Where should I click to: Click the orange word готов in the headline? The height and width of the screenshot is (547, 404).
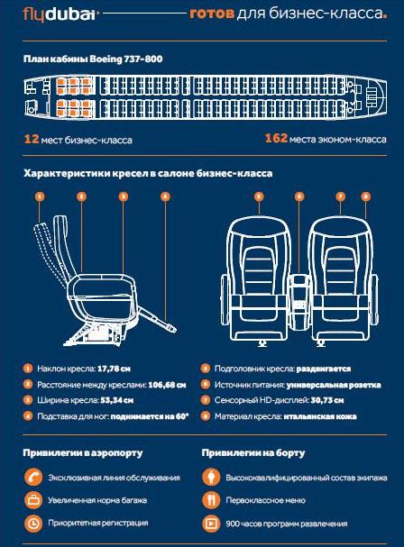(212, 14)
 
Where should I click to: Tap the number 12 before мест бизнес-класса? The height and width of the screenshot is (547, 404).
(31, 139)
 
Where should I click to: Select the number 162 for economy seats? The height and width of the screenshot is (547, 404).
(276, 138)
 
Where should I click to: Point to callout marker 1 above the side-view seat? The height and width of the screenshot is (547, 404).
(40, 196)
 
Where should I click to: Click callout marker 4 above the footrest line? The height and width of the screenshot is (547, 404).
(165, 196)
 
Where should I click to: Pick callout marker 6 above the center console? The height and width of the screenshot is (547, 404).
(299, 196)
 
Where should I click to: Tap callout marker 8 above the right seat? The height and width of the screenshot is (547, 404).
(365, 196)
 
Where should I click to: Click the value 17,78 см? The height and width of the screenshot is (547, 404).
(114, 369)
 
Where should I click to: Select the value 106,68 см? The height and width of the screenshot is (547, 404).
(167, 385)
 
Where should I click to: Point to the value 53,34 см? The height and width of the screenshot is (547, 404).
(117, 400)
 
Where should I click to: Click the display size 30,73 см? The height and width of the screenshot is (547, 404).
(327, 400)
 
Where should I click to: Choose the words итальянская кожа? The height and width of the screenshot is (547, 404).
(320, 416)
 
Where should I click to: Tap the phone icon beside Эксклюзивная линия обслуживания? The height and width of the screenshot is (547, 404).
(33, 478)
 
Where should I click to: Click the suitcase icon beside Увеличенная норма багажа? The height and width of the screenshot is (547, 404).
(33, 500)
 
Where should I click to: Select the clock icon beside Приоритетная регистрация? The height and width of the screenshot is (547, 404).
(33, 523)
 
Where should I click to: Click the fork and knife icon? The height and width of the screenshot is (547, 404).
(211, 500)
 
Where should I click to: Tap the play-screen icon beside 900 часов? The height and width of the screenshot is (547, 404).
(211, 523)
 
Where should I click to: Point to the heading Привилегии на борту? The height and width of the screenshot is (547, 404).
(253, 452)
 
